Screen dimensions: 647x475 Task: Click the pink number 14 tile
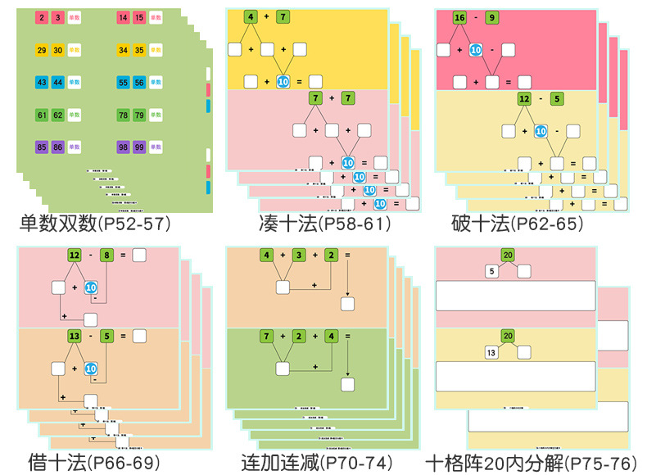pyautogui.click(x=123, y=16)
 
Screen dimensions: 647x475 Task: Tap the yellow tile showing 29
pyautogui.click(x=41, y=50)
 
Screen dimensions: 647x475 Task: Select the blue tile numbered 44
pyautogui.click(x=58, y=82)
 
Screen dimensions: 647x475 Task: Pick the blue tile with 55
pyautogui.click(x=123, y=82)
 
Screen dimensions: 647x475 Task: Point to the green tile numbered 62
pyautogui.click(x=58, y=115)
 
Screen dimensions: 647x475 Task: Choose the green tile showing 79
pyautogui.click(x=140, y=115)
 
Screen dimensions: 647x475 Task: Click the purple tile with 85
pyautogui.click(x=41, y=147)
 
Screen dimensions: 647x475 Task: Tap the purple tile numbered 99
pyautogui.click(x=140, y=147)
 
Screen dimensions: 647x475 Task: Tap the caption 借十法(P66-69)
pyautogui.click(x=87, y=462)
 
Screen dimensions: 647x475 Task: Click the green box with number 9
pyautogui.click(x=514, y=17)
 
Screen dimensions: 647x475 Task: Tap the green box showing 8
pyautogui.click(x=106, y=256)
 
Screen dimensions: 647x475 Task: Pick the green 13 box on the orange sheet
pyautogui.click(x=75, y=336)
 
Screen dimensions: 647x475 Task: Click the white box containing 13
pyautogui.click(x=491, y=352)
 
